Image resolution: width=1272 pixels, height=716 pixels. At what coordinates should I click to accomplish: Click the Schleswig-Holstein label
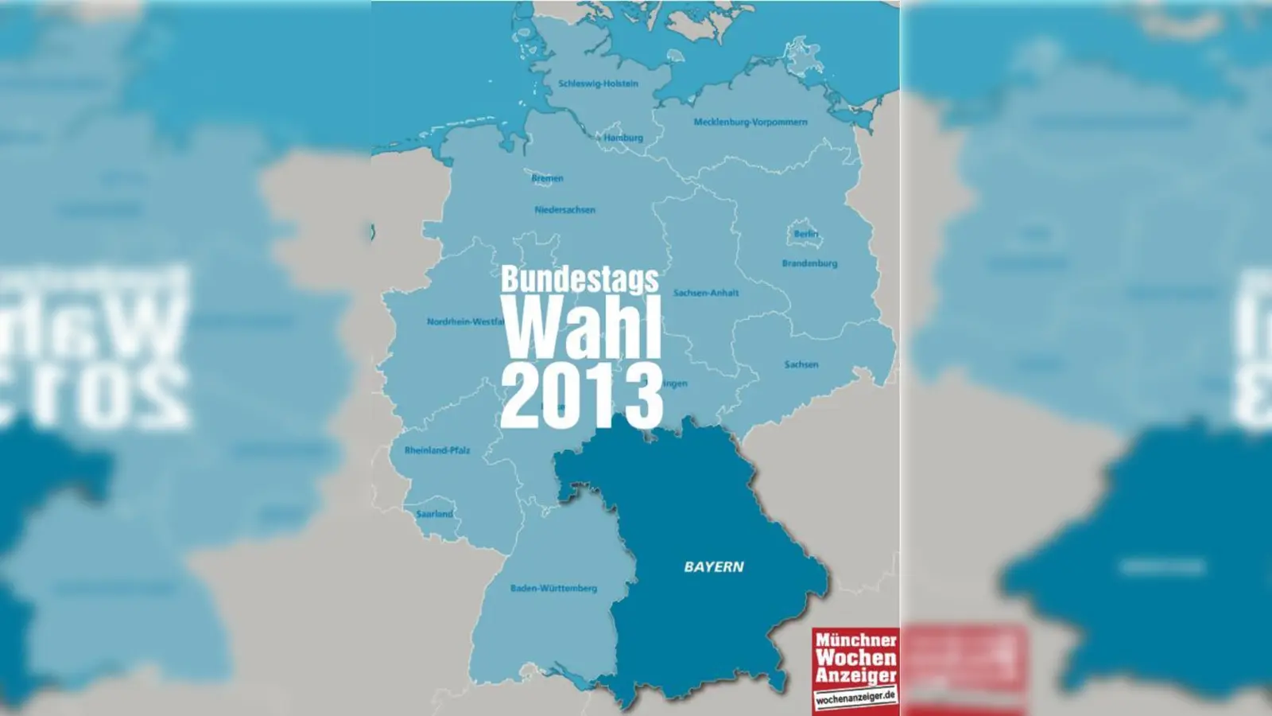pos(598,84)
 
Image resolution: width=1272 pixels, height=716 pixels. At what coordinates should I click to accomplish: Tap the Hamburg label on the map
pos(623,138)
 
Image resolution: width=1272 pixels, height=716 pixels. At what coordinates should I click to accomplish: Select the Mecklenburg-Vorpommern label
pos(750,123)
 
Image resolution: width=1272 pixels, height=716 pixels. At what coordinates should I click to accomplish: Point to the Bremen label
pos(547,178)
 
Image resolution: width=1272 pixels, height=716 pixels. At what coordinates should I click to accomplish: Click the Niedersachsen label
pos(564,210)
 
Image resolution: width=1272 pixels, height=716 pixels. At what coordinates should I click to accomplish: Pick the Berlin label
pos(805,234)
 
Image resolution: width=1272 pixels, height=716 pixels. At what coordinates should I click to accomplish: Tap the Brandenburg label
pos(809,263)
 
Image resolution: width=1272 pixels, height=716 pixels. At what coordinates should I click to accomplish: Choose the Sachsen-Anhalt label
pos(706,293)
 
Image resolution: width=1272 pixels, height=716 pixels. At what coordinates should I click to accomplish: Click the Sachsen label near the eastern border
pos(801,364)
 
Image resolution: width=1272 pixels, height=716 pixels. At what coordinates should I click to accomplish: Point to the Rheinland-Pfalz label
pos(437,450)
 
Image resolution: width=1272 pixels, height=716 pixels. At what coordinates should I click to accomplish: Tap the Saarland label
pos(434,514)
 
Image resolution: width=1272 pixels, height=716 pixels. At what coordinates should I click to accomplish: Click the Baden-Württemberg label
pos(553,589)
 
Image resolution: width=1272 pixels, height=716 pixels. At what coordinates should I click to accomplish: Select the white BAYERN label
pos(714,567)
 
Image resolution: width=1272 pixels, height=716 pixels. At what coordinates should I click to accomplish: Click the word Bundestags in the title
pos(580,280)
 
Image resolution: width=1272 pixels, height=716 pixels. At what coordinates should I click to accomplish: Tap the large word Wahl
pos(581,328)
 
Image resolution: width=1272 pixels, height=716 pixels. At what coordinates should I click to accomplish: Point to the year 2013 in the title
pos(581,394)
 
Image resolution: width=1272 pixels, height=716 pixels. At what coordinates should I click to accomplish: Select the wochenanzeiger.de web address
pos(855,697)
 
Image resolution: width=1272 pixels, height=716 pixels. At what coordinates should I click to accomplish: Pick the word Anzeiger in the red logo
pos(855,675)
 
